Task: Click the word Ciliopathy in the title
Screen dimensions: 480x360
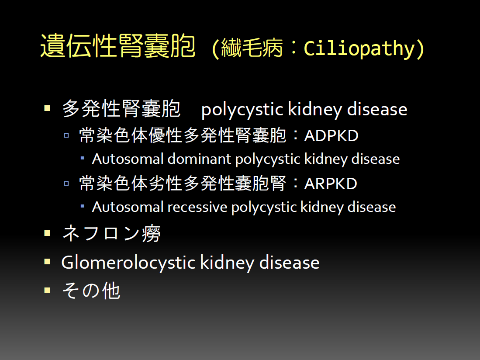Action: click(x=359, y=48)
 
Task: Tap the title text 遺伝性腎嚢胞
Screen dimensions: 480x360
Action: click(x=118, y=46)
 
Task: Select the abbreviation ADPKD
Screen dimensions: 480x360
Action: click(x=331, y=135)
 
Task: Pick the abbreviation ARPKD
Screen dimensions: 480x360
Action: click(x=331, y=183)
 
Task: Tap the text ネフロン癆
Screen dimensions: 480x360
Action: click(x=111, y=233)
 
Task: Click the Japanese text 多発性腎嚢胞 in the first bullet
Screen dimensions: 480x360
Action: click(x=121, y=109)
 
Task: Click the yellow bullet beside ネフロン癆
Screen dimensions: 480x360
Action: click(x=47, y=233)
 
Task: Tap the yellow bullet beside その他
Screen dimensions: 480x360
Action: click(x=47, y=290)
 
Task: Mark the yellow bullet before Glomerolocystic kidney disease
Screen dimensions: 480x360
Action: click(x=47, y=262)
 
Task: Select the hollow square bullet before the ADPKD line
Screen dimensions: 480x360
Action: click(x=66, y=135)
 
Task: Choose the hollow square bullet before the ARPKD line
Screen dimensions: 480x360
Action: click(x=66, y=183)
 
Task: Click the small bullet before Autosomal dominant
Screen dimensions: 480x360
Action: click(x=83, y=158)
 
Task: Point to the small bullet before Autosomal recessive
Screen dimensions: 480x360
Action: click(x=83, y=206)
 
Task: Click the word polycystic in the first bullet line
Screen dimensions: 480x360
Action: click(x=242, y=110)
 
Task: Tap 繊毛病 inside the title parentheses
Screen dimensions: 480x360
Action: click(x=252, y=48)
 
